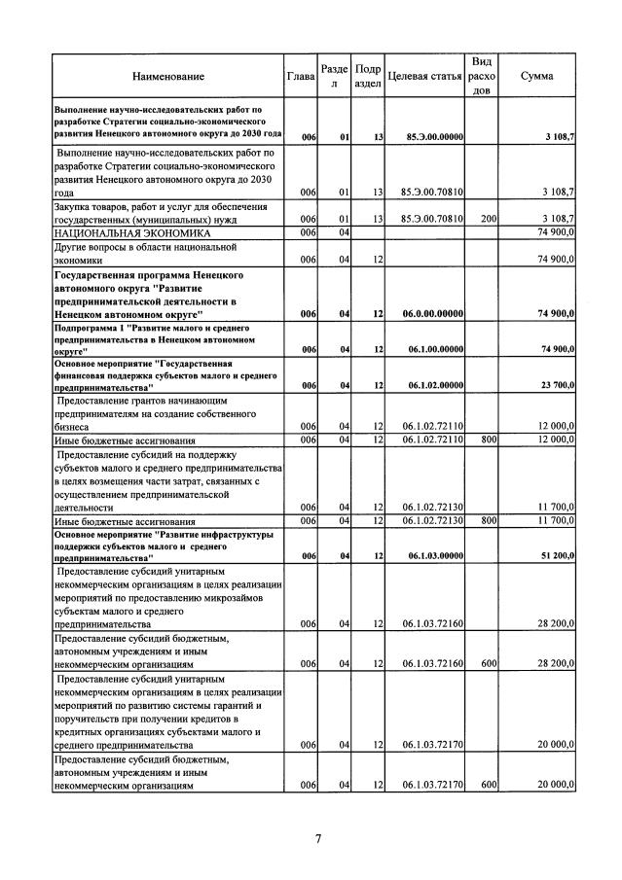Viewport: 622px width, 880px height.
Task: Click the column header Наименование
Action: coord(169,76)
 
